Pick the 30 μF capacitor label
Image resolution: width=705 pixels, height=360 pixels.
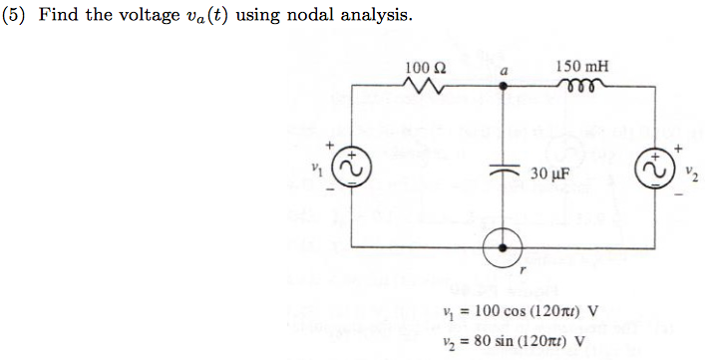[549, 174]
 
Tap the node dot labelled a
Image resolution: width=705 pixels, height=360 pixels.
[504, 88]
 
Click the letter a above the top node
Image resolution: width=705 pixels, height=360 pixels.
[504, 72]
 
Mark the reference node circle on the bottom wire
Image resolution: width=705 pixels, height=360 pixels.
[504, 246]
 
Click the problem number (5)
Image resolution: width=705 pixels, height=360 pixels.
[13, 17]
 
